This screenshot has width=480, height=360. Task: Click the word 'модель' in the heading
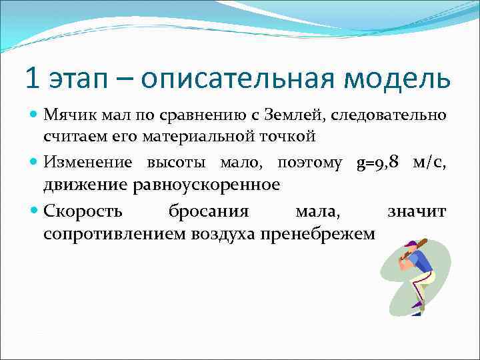pos(407,79)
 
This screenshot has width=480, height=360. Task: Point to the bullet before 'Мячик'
pos(34,116)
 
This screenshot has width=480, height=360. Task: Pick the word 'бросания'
pos(208,212)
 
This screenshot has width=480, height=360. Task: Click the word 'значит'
pos(417,212)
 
